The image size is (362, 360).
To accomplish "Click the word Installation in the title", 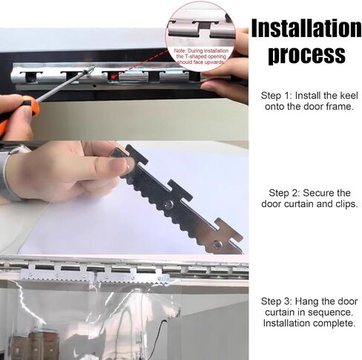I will click(x=306, y=28).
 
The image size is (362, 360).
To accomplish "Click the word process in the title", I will click(x=306, y=54).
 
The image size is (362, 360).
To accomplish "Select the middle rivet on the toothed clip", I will click(x=170, y=203).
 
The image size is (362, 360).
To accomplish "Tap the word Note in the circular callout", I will click(x=180, y=48).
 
